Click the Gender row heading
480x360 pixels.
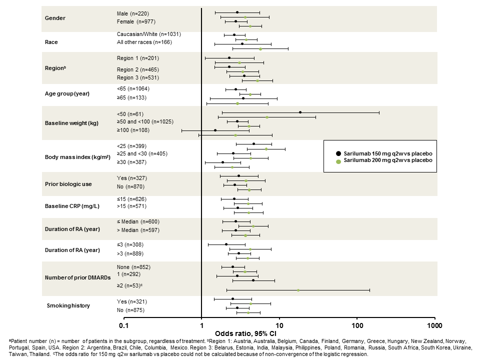[55, 18]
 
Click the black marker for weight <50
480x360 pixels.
[300, 112]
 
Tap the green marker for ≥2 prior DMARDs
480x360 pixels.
[298, 290]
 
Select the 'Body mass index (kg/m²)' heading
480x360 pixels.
[76, 156]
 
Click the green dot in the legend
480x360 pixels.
[338, 160]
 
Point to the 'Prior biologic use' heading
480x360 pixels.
[68, 184]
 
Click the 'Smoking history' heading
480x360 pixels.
[68, 305]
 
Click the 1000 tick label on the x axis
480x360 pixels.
[434, 326]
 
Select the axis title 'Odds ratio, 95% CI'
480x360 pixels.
[245, 333]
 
